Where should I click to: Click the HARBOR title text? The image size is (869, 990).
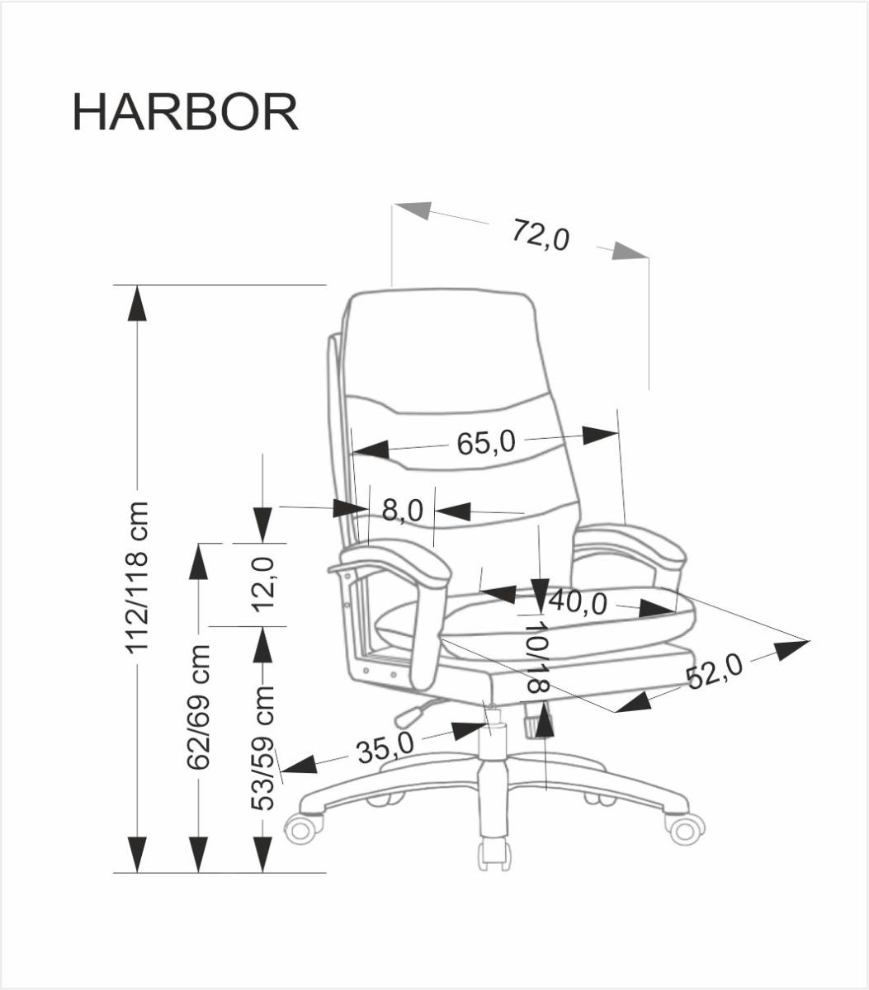tap(185, 112)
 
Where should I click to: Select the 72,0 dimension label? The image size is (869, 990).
tap(541, 234)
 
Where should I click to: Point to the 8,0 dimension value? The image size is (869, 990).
tap(402, 511)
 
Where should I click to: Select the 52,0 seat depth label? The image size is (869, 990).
tap(714, 671)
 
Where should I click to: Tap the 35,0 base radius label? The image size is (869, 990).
tap(385, 748)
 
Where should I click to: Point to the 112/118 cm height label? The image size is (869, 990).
tap(138, 577)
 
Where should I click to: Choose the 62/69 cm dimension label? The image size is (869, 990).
tap(199, 707)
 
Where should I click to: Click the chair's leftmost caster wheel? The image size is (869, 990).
tap(302, 827)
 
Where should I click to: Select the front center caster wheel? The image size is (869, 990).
tap(494, 855)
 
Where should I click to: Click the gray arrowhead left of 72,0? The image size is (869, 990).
tap(413, 210)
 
